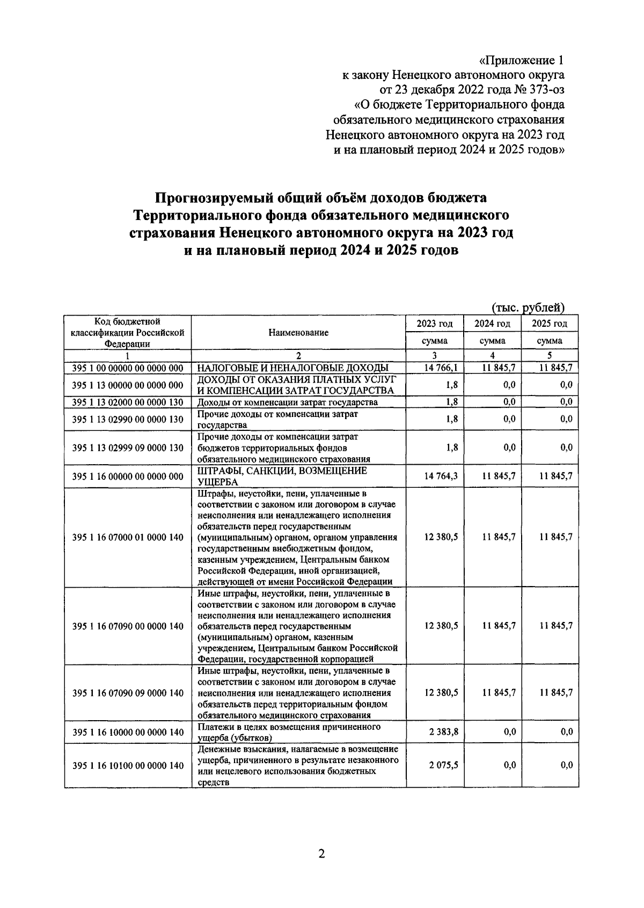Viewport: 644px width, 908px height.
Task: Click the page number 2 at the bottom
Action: pyautogui.click(x=321, y=854)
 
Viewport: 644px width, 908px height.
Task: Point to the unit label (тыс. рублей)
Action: pyautogui.click(x=529, y=307)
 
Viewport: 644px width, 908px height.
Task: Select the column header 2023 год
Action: pyautogui.click(x=434, y=324)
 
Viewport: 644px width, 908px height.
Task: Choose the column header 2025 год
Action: pyautogui.click(x=550, y=324)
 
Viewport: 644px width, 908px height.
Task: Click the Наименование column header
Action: pyautogui.click(x=298, y=333)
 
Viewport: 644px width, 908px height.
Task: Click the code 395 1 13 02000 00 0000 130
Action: pyautogui.click(x=128, y=402)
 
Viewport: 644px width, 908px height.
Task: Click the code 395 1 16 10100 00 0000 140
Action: pyautogui.click(x=128, y=766)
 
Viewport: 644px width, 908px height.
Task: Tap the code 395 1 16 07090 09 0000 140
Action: pyautogui.click(x=128, y=693)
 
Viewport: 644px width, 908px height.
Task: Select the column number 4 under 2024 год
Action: pyautogui.click(x=492, y=355)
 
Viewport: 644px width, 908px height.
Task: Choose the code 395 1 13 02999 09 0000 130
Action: pyautogui.click(x=128, y=448)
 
